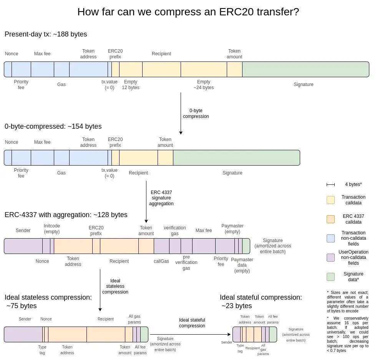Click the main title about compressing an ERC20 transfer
tap(188, 12)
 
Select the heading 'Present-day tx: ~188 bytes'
tap(46, 34)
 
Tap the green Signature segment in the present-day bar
tap(306, 70)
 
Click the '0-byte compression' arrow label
tap(196, 113)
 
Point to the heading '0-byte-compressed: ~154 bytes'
tap(53, 126)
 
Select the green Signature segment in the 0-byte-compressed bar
tap(236, 158)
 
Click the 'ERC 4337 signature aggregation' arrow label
tap(161, 198)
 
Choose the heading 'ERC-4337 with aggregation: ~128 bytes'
tap(66, 215)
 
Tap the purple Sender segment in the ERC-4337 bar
tap(23, 246)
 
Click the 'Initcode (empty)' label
tap(52, 229)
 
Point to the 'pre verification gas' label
tap(186, 262)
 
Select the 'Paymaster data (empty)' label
tap(242, 265)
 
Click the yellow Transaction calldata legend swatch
tap(330, 200)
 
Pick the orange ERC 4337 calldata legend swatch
tap(330, 219)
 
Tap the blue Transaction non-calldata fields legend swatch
tap(330, 238)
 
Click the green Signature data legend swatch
tap(330, 277)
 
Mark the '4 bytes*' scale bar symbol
tap(330, 185)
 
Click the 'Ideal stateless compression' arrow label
tap(115, 286)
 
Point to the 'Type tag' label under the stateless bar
tap(42, 350)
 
